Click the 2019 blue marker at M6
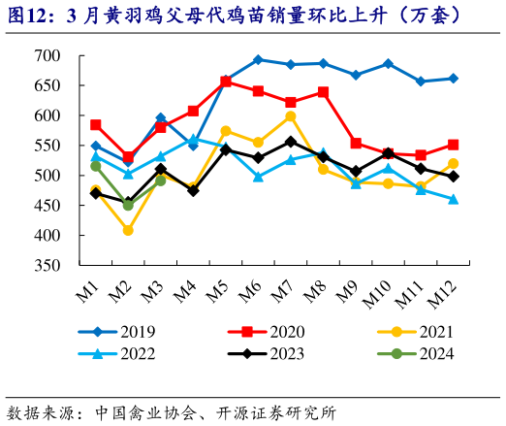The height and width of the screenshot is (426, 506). tap(258, 59)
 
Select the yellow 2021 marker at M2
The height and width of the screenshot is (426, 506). tap(128, 230)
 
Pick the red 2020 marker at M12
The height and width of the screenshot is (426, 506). tap(453, 145)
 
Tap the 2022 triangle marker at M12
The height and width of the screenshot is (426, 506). tap(453, 199)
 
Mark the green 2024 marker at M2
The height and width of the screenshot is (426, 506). tap(128, 205)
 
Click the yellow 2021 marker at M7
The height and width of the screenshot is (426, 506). tap(291, 116)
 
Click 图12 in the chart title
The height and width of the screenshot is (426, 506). tap(29, 16)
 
